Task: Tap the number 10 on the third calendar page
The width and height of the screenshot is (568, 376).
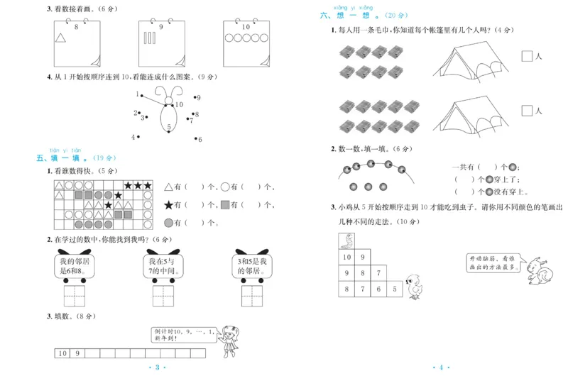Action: pos(246,27)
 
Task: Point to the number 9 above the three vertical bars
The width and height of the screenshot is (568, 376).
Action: pos(161,27)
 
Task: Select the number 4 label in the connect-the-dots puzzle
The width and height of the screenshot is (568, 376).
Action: pos(133,137)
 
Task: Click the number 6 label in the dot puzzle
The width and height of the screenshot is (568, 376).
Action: pos(200,140)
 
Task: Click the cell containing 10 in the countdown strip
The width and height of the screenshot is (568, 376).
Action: pos(62,353)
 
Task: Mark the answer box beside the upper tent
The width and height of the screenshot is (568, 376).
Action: pos(527,56)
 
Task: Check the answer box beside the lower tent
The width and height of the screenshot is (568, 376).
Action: pos(527,111)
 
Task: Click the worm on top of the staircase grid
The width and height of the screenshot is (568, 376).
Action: pos(349,239)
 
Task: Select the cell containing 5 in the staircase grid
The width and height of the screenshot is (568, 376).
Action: pos(396,289)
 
